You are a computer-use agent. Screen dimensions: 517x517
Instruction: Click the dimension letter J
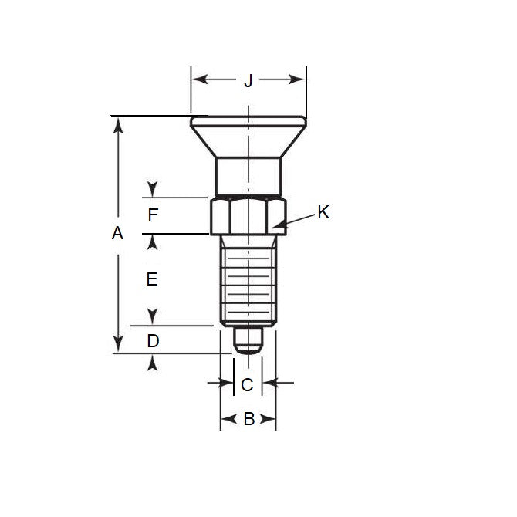[x=248, y=80]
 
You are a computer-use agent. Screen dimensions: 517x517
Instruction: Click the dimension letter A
[x=117, y=233]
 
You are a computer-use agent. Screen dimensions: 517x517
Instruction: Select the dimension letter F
[x=153, y=216]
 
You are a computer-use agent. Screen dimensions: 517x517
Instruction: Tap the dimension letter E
[x=152, y=279]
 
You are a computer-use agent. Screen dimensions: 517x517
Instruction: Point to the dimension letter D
[x=153, y=340]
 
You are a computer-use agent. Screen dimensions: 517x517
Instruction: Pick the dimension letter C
[x=247, y=384]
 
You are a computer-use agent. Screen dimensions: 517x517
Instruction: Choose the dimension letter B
[x=248, y=419]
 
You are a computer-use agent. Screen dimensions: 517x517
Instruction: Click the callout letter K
[x=323, y=212]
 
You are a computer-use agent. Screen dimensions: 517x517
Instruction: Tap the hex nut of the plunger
[x=248, y=215]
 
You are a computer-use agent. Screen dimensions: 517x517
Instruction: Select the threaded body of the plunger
[x=248, y=279]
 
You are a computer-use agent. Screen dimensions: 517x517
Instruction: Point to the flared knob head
[x=248, y=136]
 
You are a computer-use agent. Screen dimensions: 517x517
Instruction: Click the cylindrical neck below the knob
[x=248, y=176]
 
